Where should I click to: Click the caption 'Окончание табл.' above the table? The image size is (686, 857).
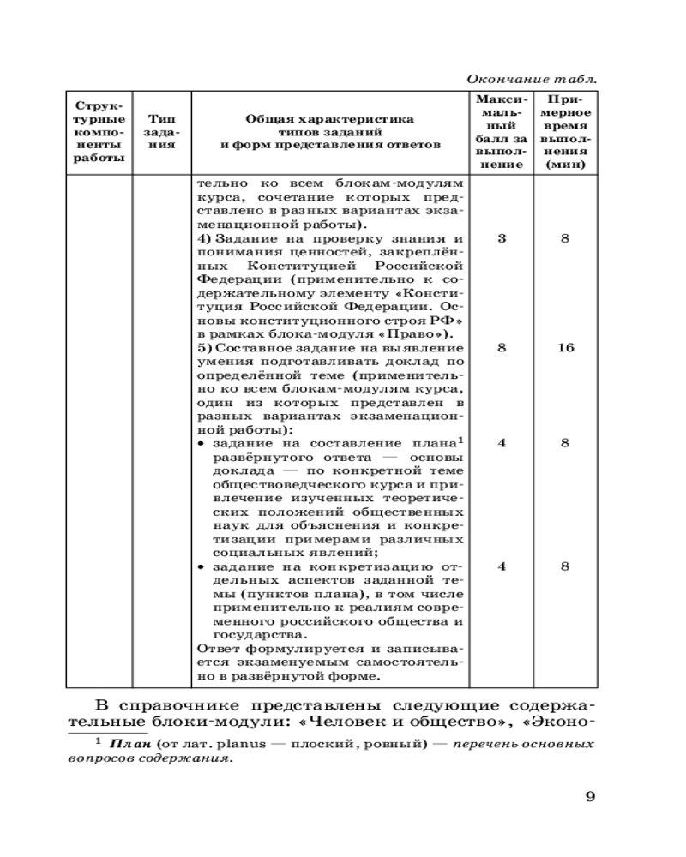tap(532, 79)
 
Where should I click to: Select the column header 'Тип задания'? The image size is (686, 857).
tap(162, 132)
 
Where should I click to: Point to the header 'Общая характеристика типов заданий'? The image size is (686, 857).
tap(329, 132)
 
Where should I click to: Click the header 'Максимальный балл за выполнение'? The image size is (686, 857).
tap(501, 132)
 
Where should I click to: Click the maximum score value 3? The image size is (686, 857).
tap(501, 239)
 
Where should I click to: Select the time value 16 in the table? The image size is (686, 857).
tap(565, 348)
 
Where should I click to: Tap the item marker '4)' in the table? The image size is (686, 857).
tap(203, 239)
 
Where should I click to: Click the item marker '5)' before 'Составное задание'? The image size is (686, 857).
tap(203, 348)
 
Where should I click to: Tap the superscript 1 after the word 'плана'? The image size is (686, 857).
tap(460, 440)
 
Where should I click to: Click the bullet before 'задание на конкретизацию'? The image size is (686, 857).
tap(200, 566)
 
